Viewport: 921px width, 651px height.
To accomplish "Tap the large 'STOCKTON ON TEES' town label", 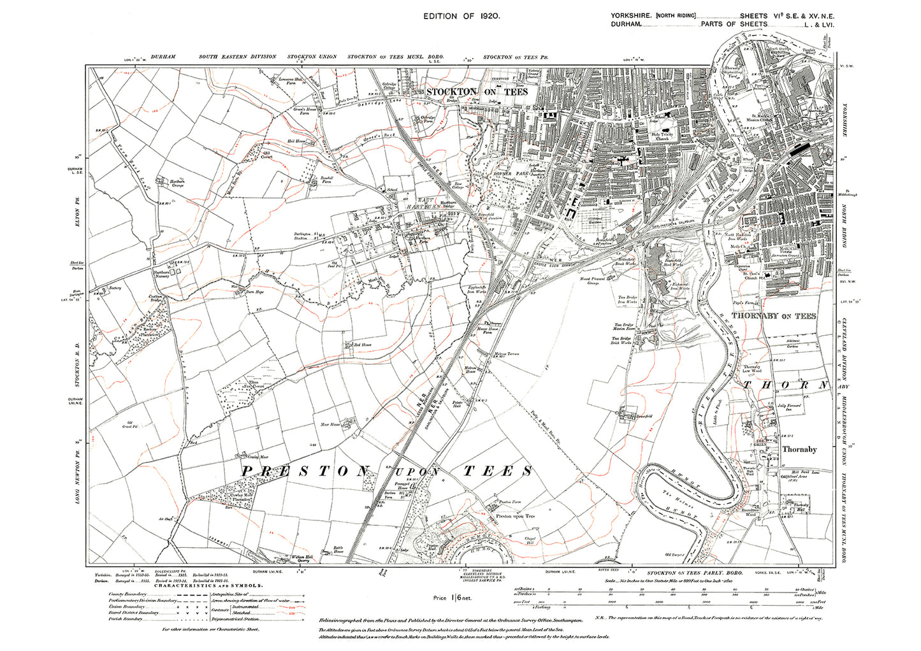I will pyautogui.click(x=477, y=92).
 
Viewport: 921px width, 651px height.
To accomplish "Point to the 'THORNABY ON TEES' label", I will pyautogui.click(x=773, y=316).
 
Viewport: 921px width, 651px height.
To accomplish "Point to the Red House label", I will pyautogui.click(x=362, y=345).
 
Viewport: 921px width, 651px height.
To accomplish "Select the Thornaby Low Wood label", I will pyautogui.click(x=752, y=369).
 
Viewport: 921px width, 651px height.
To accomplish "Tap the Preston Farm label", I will pyautogui.click(x=510, y=503).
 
